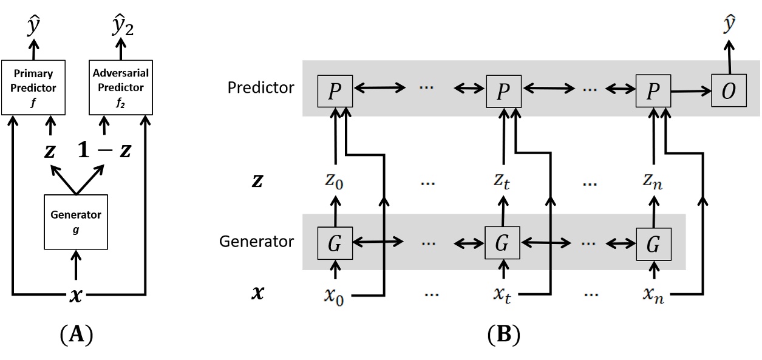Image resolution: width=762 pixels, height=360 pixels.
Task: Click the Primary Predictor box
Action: pyautogui.click(x=33, y=87)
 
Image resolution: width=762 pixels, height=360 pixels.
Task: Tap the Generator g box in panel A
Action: pyautogui.click(x=76, y=222)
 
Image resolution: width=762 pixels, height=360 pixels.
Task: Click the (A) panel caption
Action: pyautogui.click(x=77, y=335)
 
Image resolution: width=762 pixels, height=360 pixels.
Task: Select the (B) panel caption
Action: pyautogui.click(x=504, y=335)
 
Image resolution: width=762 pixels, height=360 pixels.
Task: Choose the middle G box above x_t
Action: pyautogui.click(x=502, y=243)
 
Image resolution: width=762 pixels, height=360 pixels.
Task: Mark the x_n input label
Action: pyautogui.click(x=654, y=295)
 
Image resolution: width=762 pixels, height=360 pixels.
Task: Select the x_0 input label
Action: pyautogui.click(x=334, y=296)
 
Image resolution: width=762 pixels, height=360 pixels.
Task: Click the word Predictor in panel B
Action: pyautogui.click(x=260, y=87)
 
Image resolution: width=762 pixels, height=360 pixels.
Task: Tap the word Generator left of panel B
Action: pyautogui.click(x=256, y=242)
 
